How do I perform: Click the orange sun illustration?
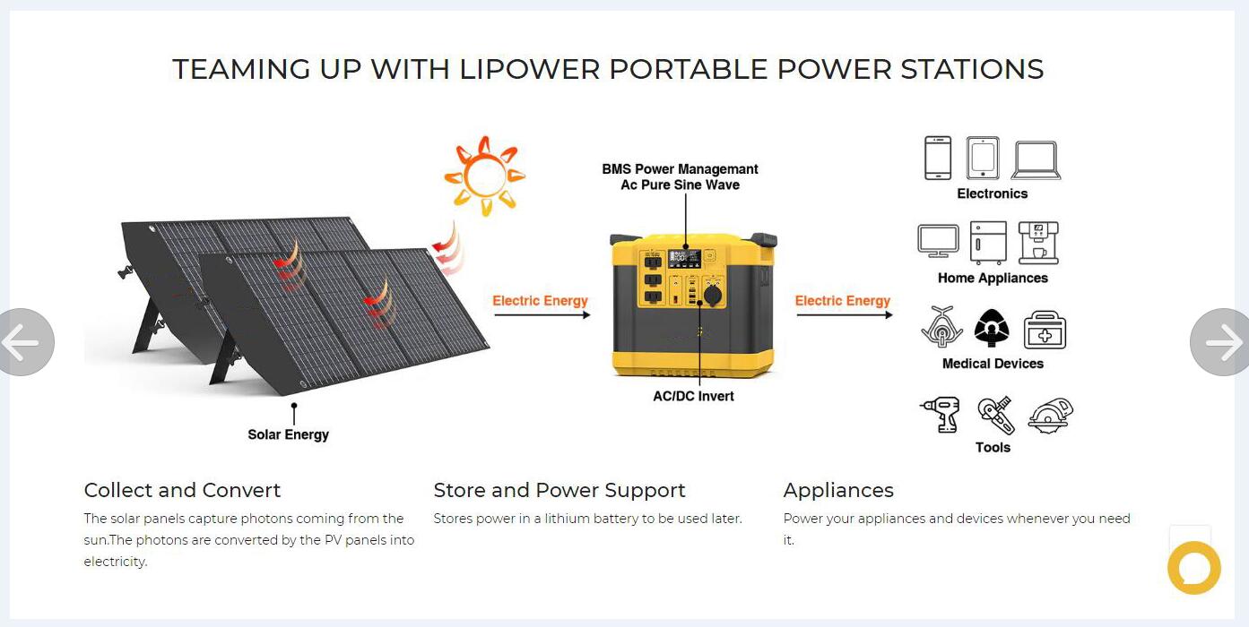click(484, 176)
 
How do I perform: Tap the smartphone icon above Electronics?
click(938, 158)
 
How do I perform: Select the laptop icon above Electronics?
click(1036, 160)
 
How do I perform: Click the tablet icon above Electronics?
click(983, 158)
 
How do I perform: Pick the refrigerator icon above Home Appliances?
click(988, 243)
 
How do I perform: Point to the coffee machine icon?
click(1038, 243)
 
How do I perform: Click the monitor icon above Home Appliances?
click(939, 242)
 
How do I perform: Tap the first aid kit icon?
click(1045, 330)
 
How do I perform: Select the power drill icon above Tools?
click(941, 415)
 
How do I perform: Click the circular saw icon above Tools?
click(1050, 415)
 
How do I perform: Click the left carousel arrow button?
click(24, 342)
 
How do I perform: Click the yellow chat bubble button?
click(1193, 567)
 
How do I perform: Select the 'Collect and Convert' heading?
click(182, 490)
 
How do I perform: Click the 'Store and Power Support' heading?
click(559, 490)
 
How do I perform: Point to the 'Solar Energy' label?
click(289, 434)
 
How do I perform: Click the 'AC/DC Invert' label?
click(694, 396)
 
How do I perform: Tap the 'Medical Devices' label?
click(993, 364)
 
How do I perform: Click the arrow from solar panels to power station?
click(542, 315)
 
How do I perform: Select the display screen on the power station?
click(685, 258)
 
